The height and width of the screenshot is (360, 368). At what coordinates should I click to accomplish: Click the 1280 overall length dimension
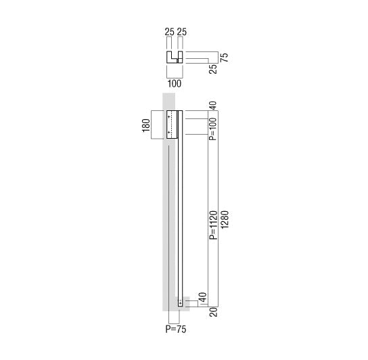coord(225,219)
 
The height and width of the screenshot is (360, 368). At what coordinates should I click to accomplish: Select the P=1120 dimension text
coord(213,225)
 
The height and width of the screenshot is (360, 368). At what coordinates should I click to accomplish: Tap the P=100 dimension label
coord(213,129)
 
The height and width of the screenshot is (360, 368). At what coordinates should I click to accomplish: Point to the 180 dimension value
coord(146,126)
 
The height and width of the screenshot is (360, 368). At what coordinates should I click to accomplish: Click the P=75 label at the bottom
coord(176,329)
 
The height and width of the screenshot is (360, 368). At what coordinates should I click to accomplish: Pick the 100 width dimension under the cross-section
coord(175,84)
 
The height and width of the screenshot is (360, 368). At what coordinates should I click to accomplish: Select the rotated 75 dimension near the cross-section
coord(225,58)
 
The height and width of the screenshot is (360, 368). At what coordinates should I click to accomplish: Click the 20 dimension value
coord(213,312)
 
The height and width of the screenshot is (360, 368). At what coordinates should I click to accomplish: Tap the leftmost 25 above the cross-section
coord(169,32)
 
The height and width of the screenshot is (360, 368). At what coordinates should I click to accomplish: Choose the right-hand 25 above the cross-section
coord(182,32)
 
